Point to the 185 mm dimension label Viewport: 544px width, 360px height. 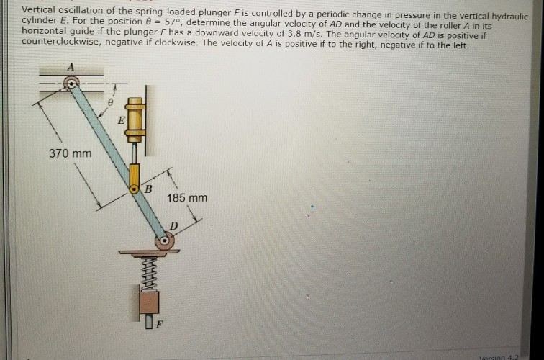[x=186, y=197]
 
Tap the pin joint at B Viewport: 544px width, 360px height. [x=135, y=189]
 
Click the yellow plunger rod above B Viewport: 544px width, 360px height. [x=135, y=173]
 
